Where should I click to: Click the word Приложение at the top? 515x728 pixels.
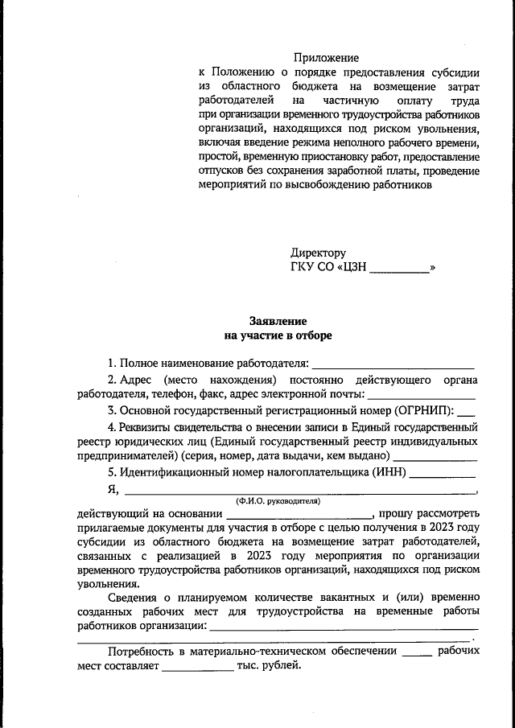(x=326, y=58)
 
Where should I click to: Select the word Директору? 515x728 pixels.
(x=319, y=253)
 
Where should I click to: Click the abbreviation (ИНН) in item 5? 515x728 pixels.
(x=389, y=471)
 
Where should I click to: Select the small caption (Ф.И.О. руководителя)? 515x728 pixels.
(x=278, y=500)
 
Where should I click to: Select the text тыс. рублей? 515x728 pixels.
(x=269, y=665)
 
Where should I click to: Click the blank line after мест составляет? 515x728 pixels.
(x=197, y=666)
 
